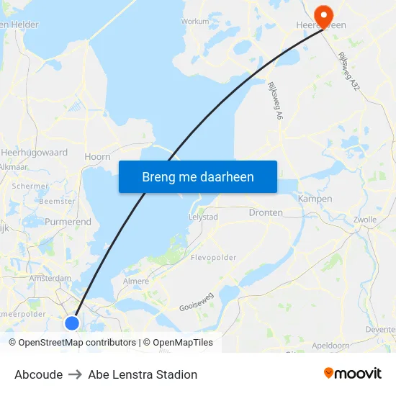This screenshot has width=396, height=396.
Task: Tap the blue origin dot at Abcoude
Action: (72, 323)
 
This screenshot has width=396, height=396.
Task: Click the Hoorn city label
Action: (97, 156)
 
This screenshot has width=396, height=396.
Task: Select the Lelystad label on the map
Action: (202, 216)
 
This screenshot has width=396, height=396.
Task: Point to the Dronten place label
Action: (266, 213)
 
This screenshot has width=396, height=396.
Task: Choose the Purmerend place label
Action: (68, 222)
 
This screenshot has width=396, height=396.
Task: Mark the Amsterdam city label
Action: (50, 278)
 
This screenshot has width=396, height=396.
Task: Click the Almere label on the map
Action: (135, 282)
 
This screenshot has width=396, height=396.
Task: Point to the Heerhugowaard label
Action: (35, 153)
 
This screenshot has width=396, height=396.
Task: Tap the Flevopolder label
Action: (213, 256)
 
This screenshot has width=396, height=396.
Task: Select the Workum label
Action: (194, 22)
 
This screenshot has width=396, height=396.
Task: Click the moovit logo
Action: (353, 374)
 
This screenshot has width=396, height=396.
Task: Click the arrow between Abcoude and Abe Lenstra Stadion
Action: (76, 374)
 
